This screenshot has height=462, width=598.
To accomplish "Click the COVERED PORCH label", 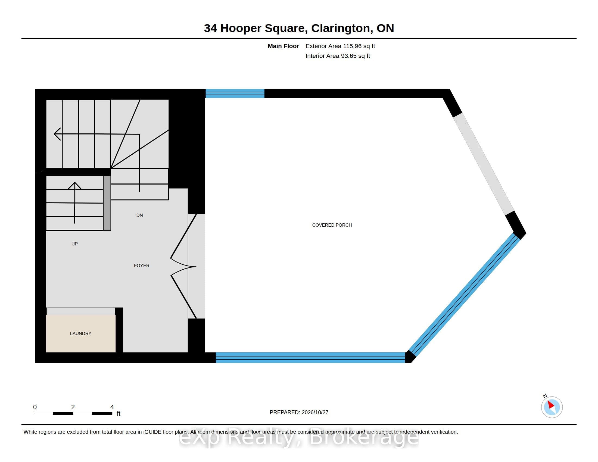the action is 332,225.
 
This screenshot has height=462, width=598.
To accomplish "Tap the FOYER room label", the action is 142,266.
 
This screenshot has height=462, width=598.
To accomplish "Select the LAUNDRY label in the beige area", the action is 80,333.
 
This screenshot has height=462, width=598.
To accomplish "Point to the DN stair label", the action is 140,215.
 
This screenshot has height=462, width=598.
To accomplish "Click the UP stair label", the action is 74,244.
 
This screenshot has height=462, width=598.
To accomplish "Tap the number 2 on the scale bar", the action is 73,407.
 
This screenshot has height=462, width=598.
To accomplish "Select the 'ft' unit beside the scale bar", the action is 119,413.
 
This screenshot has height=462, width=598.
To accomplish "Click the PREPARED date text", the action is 299,412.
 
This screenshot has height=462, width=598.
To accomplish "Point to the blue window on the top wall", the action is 235,93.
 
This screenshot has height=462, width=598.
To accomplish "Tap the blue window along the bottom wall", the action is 310,357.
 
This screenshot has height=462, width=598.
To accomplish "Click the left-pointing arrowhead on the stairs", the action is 57,134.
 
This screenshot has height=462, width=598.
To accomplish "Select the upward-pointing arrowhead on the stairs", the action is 74,185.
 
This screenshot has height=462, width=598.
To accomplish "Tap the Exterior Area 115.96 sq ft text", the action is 340,46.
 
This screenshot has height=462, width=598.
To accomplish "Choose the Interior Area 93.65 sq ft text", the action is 338,56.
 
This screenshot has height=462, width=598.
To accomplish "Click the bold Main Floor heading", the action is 284,46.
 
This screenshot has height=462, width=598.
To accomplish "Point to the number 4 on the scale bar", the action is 112,407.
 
